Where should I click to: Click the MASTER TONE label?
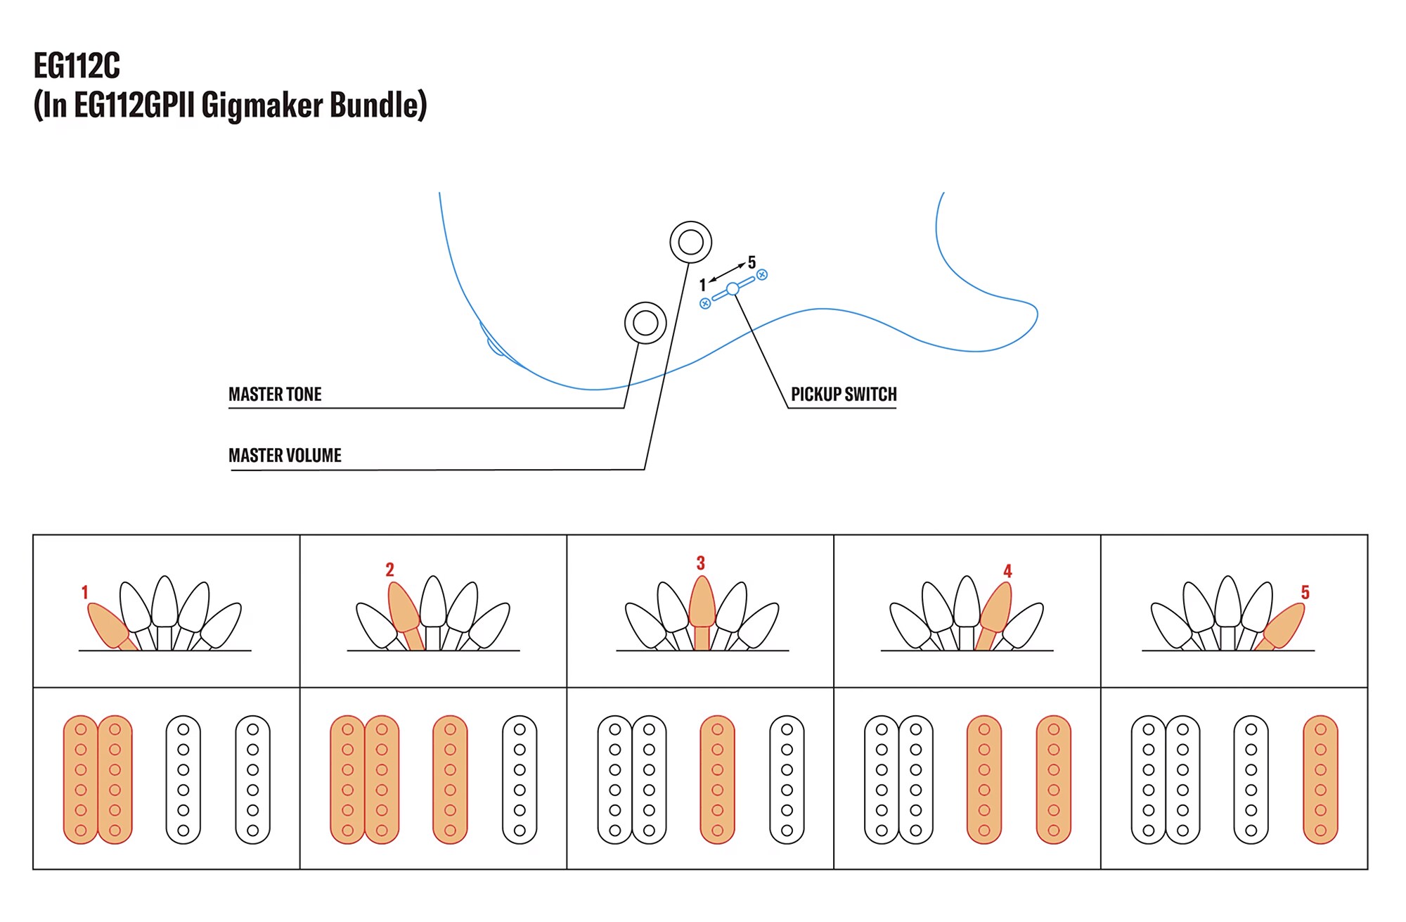[275, 395]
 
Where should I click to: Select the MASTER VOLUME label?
[285, 456]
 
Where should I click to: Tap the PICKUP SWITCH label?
[844, 395]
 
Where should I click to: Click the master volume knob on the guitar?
[690, 243]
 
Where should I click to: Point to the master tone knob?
[645, 323]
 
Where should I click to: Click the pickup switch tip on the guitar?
[733, 288]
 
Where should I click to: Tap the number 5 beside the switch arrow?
[752, 263]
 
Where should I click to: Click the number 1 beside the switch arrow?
[702, 285]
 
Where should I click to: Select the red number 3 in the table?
[700, 563]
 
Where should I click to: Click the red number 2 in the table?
[389, 570]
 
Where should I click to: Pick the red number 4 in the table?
[1007, 571]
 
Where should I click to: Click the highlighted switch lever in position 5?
[1284, 626]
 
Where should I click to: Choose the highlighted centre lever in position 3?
[702, 605]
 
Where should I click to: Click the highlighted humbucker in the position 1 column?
[98, 779]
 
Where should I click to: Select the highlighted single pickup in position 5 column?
[1320, 779]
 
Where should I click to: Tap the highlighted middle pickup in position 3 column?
[717, 779]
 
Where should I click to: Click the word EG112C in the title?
[77, 66]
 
